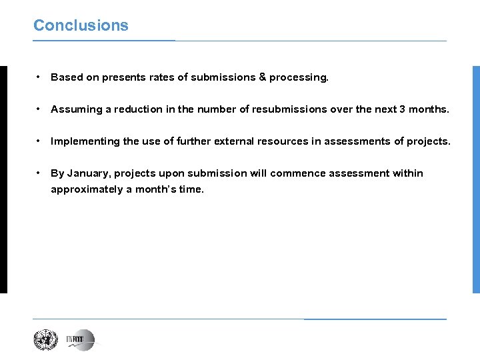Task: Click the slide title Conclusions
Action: (81, 25)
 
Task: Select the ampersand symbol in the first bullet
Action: (262, 77)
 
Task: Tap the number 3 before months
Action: (402, 109)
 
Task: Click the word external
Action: (233, 141)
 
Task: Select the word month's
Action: (156, 190)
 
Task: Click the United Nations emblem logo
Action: (46, 341)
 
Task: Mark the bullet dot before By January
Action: (40, 173)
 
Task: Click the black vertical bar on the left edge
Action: (3, 179)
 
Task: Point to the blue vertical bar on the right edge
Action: (476, 179)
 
